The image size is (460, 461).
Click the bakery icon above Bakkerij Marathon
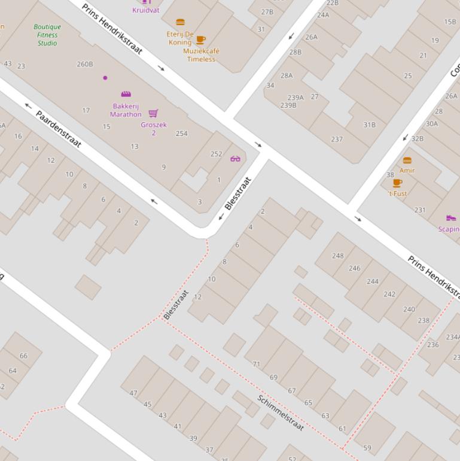(126, 94)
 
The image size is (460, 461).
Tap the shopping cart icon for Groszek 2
(153, 113)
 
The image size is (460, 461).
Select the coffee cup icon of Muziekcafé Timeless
(200, 40)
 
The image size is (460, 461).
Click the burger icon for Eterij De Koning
(180, 22)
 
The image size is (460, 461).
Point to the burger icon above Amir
(407, 160)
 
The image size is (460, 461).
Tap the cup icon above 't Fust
(397, 183)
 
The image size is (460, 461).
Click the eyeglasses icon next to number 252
(235, 159)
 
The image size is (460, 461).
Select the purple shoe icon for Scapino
(451, 218)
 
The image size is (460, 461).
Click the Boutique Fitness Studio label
(47, 35)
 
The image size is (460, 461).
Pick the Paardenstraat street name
(58, 129)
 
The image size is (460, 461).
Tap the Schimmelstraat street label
(281, 413)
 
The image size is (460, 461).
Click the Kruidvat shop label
(146, 10)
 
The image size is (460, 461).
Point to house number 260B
(85, 64)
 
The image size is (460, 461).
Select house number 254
(181, 134)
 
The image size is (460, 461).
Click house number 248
(338, 256)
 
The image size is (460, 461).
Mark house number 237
(337, 139)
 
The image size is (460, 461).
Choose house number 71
(257, 364)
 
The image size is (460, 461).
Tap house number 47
(133, 393)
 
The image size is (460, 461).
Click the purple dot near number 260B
(105, 78)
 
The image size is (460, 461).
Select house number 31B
(369, 125)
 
